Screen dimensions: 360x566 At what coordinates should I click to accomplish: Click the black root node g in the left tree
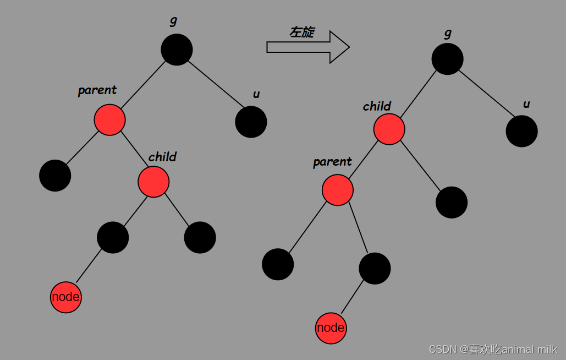click(x=177, y=50)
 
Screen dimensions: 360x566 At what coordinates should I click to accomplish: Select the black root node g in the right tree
click(x=447, y=59)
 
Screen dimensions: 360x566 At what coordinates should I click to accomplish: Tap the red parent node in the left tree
click(x=109, y=119)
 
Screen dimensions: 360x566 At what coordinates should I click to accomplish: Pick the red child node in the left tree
click(x=153, y=182)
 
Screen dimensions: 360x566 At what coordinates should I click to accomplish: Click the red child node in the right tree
click(x=389, y=129)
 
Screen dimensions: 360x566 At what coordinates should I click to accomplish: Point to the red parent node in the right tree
click(x=337, y=190)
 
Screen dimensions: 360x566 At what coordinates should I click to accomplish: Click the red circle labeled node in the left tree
click(x=65, y=297)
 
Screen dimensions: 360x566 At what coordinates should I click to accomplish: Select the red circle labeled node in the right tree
click(x=331, y=328)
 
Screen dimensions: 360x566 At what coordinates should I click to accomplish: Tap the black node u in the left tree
click(x=251, y=122)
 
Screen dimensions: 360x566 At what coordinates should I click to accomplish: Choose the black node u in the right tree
click(x=521, y=132)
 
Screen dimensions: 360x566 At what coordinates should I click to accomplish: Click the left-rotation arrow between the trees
click(x=308, y=47)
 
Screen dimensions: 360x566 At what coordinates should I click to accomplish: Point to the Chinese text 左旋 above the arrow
click(x=302, y=32)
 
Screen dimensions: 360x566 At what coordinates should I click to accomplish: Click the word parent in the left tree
click(x=97, y=90)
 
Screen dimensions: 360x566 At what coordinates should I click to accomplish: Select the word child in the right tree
click(x=377, y=106)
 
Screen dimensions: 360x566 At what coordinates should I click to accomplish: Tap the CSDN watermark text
click(x=493, y=349)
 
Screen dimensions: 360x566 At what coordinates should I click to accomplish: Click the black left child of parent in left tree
click(x=55, y=176)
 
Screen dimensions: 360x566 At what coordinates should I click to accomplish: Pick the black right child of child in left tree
click(x=200, y=237)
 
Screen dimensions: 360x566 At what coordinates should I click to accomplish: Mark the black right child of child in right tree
click(x=452, y=202)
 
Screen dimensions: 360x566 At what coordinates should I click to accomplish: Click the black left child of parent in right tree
click(x=278, y=264)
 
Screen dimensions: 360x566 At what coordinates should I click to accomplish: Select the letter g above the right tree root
click(x=448, y=34)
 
